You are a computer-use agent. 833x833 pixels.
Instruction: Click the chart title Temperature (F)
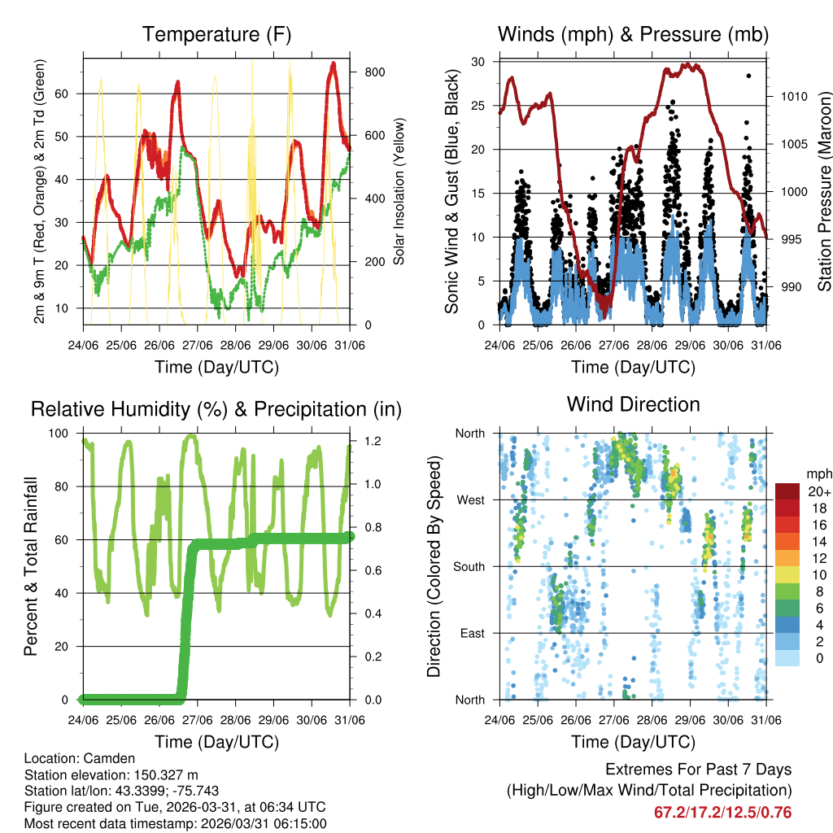pos(216,34)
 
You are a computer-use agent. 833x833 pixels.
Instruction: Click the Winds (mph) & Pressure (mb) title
pos(633,34)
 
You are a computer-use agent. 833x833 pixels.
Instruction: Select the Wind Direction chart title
pos(633,403)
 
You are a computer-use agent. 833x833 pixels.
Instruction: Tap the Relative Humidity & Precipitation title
pos(216,409)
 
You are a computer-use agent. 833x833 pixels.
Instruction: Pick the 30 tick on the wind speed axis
pos(478,62)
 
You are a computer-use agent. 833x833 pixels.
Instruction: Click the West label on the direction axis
pos(469,499)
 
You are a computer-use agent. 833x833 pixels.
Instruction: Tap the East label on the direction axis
pos(471,633)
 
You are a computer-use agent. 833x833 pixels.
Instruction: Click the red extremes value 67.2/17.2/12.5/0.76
pos(722,812)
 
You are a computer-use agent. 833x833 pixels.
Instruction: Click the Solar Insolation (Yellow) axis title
pos(398,192)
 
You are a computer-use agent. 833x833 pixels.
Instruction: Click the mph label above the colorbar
pos(818,473)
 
